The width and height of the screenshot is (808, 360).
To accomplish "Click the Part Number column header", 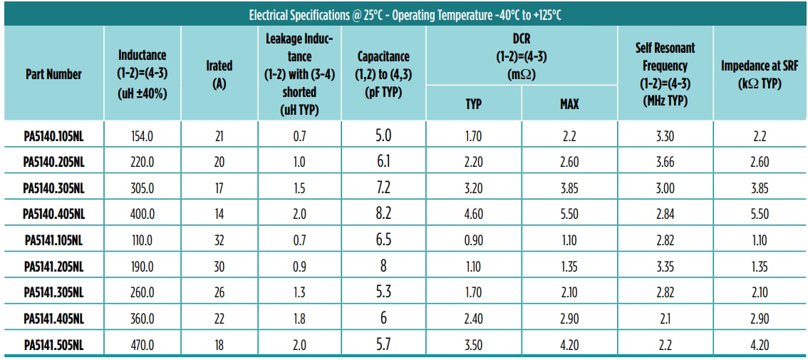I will tap(53, 74).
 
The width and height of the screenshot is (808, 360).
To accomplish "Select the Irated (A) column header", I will tap(219, 73).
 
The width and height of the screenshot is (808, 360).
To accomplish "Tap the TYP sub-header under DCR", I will tap(473, 104).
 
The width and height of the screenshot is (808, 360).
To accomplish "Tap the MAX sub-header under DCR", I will tap(569, 104).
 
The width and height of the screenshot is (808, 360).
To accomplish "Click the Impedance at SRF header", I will tap(760, 73).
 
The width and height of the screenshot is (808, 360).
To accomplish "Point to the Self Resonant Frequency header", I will tap(665, 73).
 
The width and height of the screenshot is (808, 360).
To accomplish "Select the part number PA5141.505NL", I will tap(53, 345).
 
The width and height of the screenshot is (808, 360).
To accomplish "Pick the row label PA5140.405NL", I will tap(53, 214).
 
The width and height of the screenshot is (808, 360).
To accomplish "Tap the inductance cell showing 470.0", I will tap(142, 345).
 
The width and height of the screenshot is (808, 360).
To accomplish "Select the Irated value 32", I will tap(219, 240).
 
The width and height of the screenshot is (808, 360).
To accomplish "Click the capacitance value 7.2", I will tap(383, 187).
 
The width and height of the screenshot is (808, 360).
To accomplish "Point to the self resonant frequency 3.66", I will tap(664, 162).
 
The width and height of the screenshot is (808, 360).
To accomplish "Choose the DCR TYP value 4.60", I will tap(473, 214).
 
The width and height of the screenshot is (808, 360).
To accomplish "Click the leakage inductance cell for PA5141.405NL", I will tap(299, 319).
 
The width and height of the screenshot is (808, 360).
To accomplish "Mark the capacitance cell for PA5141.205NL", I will tap(383, 266).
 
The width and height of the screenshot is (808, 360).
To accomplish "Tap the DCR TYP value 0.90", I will tap(473, 240).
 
